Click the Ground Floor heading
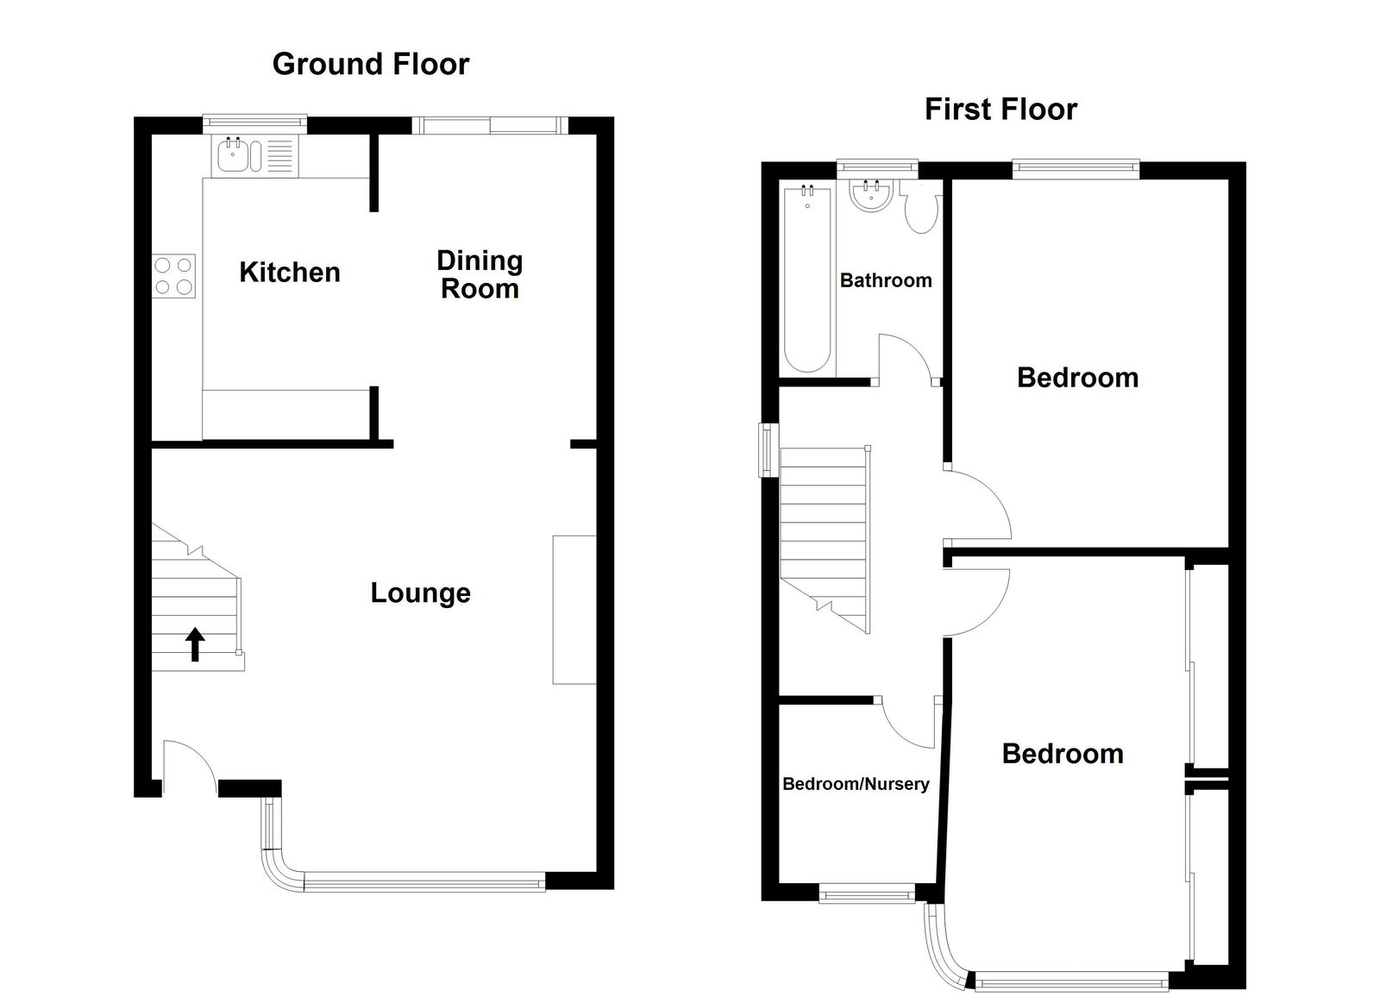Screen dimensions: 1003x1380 click(370, 64)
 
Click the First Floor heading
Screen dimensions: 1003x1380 click(1000, 110)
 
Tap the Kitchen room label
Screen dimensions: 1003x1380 click(290, 273)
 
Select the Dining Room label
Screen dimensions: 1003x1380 click(480, 274)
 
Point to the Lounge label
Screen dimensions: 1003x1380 click(420, 593)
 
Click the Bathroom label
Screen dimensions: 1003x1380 click(886, 280)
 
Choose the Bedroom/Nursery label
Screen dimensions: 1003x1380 click(856, 784)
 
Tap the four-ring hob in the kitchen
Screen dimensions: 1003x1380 click(173, 276)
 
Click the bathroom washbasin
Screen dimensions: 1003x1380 click(868, 197)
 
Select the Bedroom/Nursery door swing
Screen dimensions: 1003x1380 click(909, 723)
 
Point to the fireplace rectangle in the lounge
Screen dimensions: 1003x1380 click(574, 610)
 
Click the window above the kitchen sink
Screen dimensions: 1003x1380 click(254, 125)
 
